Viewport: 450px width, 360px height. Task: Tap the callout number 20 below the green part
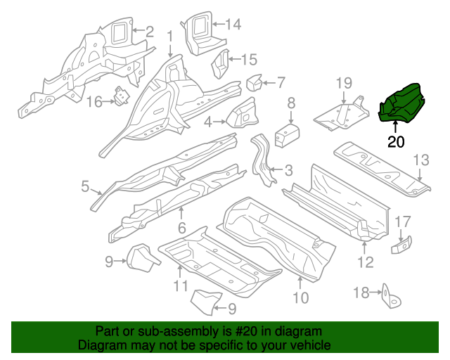tap(396, 142)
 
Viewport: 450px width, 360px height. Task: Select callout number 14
tap(233, 25)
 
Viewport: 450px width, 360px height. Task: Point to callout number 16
tap(95, 102)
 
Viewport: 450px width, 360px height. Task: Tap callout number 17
tap(403, 221)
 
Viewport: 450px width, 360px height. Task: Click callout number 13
tap(420, 162)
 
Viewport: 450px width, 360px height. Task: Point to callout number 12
tap(366, 263)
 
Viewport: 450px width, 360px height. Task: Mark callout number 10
tap(300, 297)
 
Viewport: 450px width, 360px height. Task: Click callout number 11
tap(181, 286)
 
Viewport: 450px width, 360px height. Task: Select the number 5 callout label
tap(85, 186)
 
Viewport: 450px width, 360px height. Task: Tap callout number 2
tap(148, 30)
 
